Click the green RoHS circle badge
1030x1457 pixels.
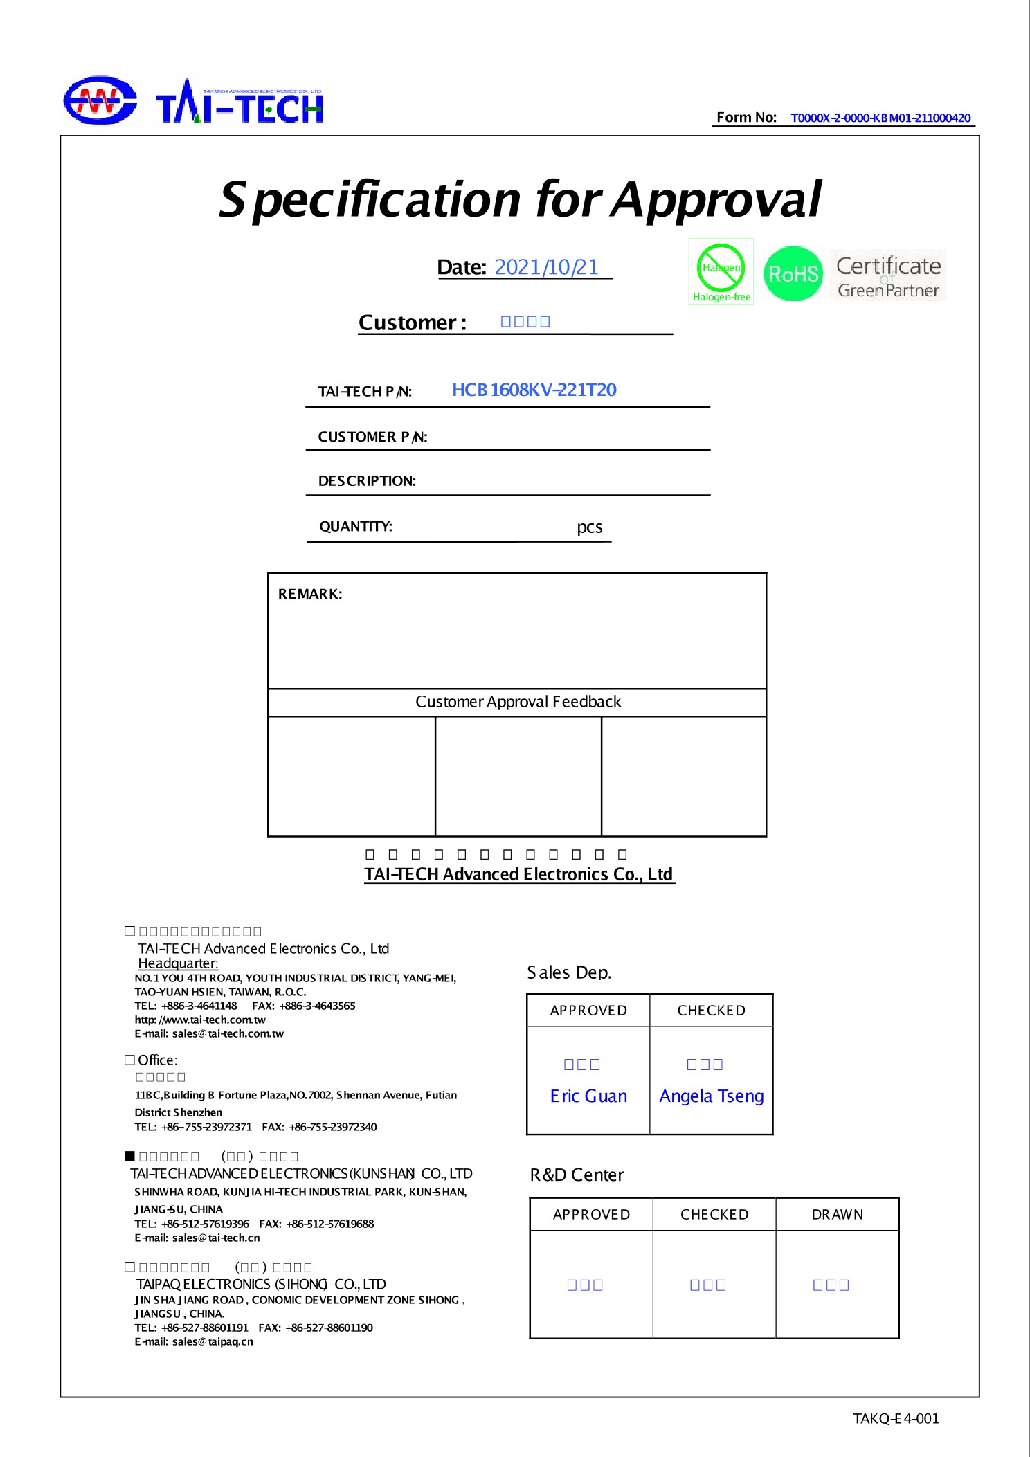click(x=793, y=274)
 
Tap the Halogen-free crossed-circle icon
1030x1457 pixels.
click(x=721, y=267)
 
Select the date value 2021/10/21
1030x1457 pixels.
click(x=546, y=267)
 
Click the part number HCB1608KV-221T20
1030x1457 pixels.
click(x=534, y=390)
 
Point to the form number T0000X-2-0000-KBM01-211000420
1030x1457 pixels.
click(x=880, y=118)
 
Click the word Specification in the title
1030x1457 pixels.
click(x=370, y=200)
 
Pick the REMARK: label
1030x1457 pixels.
click(x=310, y=594)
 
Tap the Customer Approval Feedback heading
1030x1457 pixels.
click(x=518, y=702)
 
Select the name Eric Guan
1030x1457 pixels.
click(x=588, y=1096)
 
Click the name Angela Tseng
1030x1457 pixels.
click(x=712, y=1096)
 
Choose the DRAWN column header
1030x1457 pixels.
click(x=837, y=1215)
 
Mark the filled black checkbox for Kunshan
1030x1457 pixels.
click(x=129, y=1156)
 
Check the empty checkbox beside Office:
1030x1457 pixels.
click(x=129, y=1060)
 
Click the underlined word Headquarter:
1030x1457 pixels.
click(x=178, y=963)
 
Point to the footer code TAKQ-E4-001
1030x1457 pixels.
click(x=896, y=1418)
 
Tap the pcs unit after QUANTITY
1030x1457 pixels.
click(x=590, y=527)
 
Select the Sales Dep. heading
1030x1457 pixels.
click(x=569, y=972)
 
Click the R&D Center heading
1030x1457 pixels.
click(x=577, y=1175)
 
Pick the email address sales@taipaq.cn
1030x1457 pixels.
click(x=213, y=1341)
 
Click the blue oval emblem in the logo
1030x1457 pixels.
click(x=100, y=100)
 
